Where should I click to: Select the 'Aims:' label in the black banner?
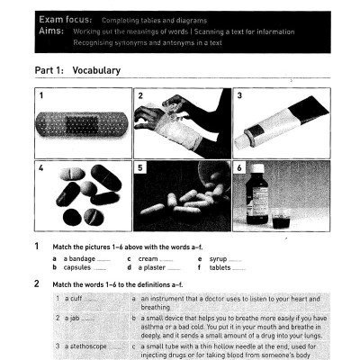[x=46, y=31]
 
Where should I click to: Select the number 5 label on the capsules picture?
[x=140, y=167]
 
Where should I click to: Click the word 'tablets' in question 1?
[x=220, y=267]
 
